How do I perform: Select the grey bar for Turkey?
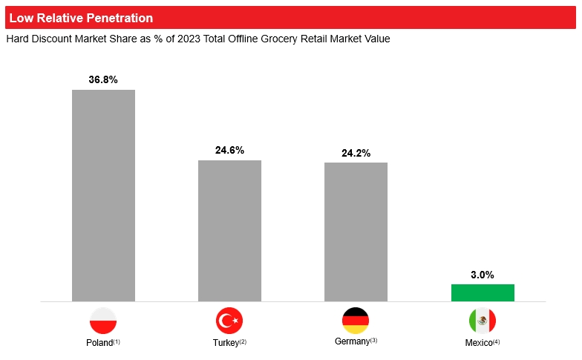point(229,231)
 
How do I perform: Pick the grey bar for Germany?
point(356,232)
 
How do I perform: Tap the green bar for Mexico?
point(483,292)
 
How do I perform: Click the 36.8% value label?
point(103,79)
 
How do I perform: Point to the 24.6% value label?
point(229,150)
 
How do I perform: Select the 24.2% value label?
point(356,153)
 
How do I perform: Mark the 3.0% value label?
point(483,275)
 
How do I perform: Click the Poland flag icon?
point(103,321)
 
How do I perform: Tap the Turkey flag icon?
point(229,321)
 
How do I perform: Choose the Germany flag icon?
point(356,320)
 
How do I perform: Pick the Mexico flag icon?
point(483,321)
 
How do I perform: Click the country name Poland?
point(99,343)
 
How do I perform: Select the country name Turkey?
point(225,343)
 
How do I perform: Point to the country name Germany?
point(352,341)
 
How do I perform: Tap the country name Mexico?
point(478,343)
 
